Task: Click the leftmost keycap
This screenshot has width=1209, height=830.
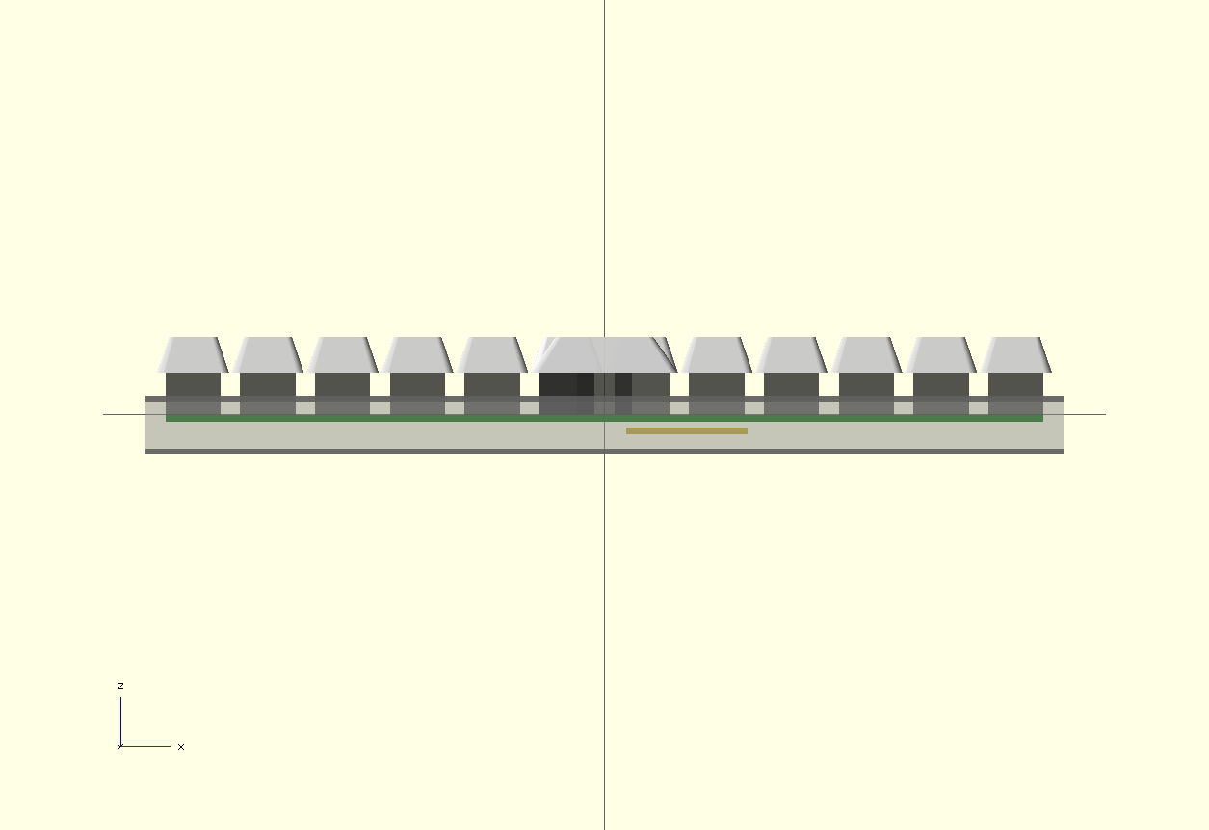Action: (193, 354)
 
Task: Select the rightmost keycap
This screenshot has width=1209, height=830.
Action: (1015, 354)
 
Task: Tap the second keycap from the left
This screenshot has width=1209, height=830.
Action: (268, 354)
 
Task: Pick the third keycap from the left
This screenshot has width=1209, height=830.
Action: (342, 354)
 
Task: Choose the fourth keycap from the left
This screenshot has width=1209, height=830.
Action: (417, 354)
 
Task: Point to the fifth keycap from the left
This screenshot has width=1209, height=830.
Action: (492, 354)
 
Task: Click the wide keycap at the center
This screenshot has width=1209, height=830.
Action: (604, 354)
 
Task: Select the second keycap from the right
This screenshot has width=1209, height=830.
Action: (940, 354)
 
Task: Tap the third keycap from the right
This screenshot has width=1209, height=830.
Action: (866, 354)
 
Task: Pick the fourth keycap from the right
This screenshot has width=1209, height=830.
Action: (791, 354)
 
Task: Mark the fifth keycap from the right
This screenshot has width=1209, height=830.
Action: (717, 354)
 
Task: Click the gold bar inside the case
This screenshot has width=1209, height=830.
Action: (686, 430)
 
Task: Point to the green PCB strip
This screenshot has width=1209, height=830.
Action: (385, 418)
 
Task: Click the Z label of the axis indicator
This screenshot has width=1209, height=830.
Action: (120, 686)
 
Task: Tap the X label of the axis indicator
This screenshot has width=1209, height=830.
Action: (181, 747)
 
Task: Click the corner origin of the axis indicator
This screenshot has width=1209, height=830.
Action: (120, 746)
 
